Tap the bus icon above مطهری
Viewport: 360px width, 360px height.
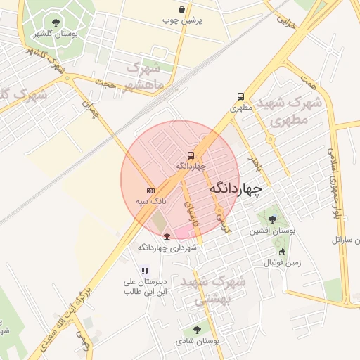coord(241,97)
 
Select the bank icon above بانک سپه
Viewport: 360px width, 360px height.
coord(150,191)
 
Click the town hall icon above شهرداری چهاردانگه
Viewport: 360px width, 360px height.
coord(167,237)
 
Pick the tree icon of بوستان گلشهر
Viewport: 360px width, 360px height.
coord(56,22)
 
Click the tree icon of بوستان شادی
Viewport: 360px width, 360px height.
coord(196,329)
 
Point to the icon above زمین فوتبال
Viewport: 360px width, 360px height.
coord(282,252)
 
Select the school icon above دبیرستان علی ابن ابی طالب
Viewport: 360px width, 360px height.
coord(145,270)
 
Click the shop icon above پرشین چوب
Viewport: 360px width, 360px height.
coord(183,10)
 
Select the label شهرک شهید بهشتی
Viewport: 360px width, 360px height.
coord(213,289)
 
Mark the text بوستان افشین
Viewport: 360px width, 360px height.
coord(273,231)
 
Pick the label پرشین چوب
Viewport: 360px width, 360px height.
coord(184,21)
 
